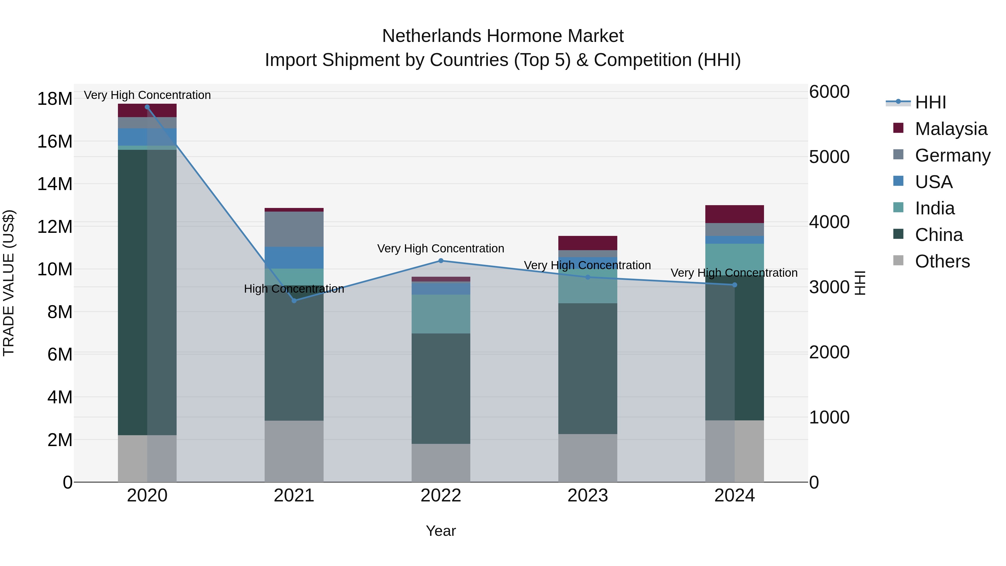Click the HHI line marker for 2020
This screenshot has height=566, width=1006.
[x=147, y=107]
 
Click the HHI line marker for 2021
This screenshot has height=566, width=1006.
[x=294, y=300]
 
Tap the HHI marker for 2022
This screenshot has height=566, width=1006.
[x=441, y=260]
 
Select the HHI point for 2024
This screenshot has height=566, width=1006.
[x=735, y=285]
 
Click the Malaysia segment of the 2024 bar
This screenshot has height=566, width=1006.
[x=735, y=214]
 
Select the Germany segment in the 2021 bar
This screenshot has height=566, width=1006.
[x=294, y=229]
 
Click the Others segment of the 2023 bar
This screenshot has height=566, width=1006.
[x=588, y=458]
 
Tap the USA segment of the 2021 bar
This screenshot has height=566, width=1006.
[x=294, y=257]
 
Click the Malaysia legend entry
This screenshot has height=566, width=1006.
[x=951, y=129]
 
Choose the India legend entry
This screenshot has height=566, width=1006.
[x=934, y=208]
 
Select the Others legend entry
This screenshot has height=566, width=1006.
[x=942, y=261]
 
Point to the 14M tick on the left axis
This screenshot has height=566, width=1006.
[x=55, y=184]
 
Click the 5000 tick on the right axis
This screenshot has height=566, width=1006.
[x=829, y=157]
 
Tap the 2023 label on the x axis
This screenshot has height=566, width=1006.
[x=588, y=496]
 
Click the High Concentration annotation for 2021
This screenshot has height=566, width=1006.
[x=294, y=289]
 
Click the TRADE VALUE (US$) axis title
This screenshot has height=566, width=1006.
[x=9, y=283]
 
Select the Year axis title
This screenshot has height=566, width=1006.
[x=441, y=531]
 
